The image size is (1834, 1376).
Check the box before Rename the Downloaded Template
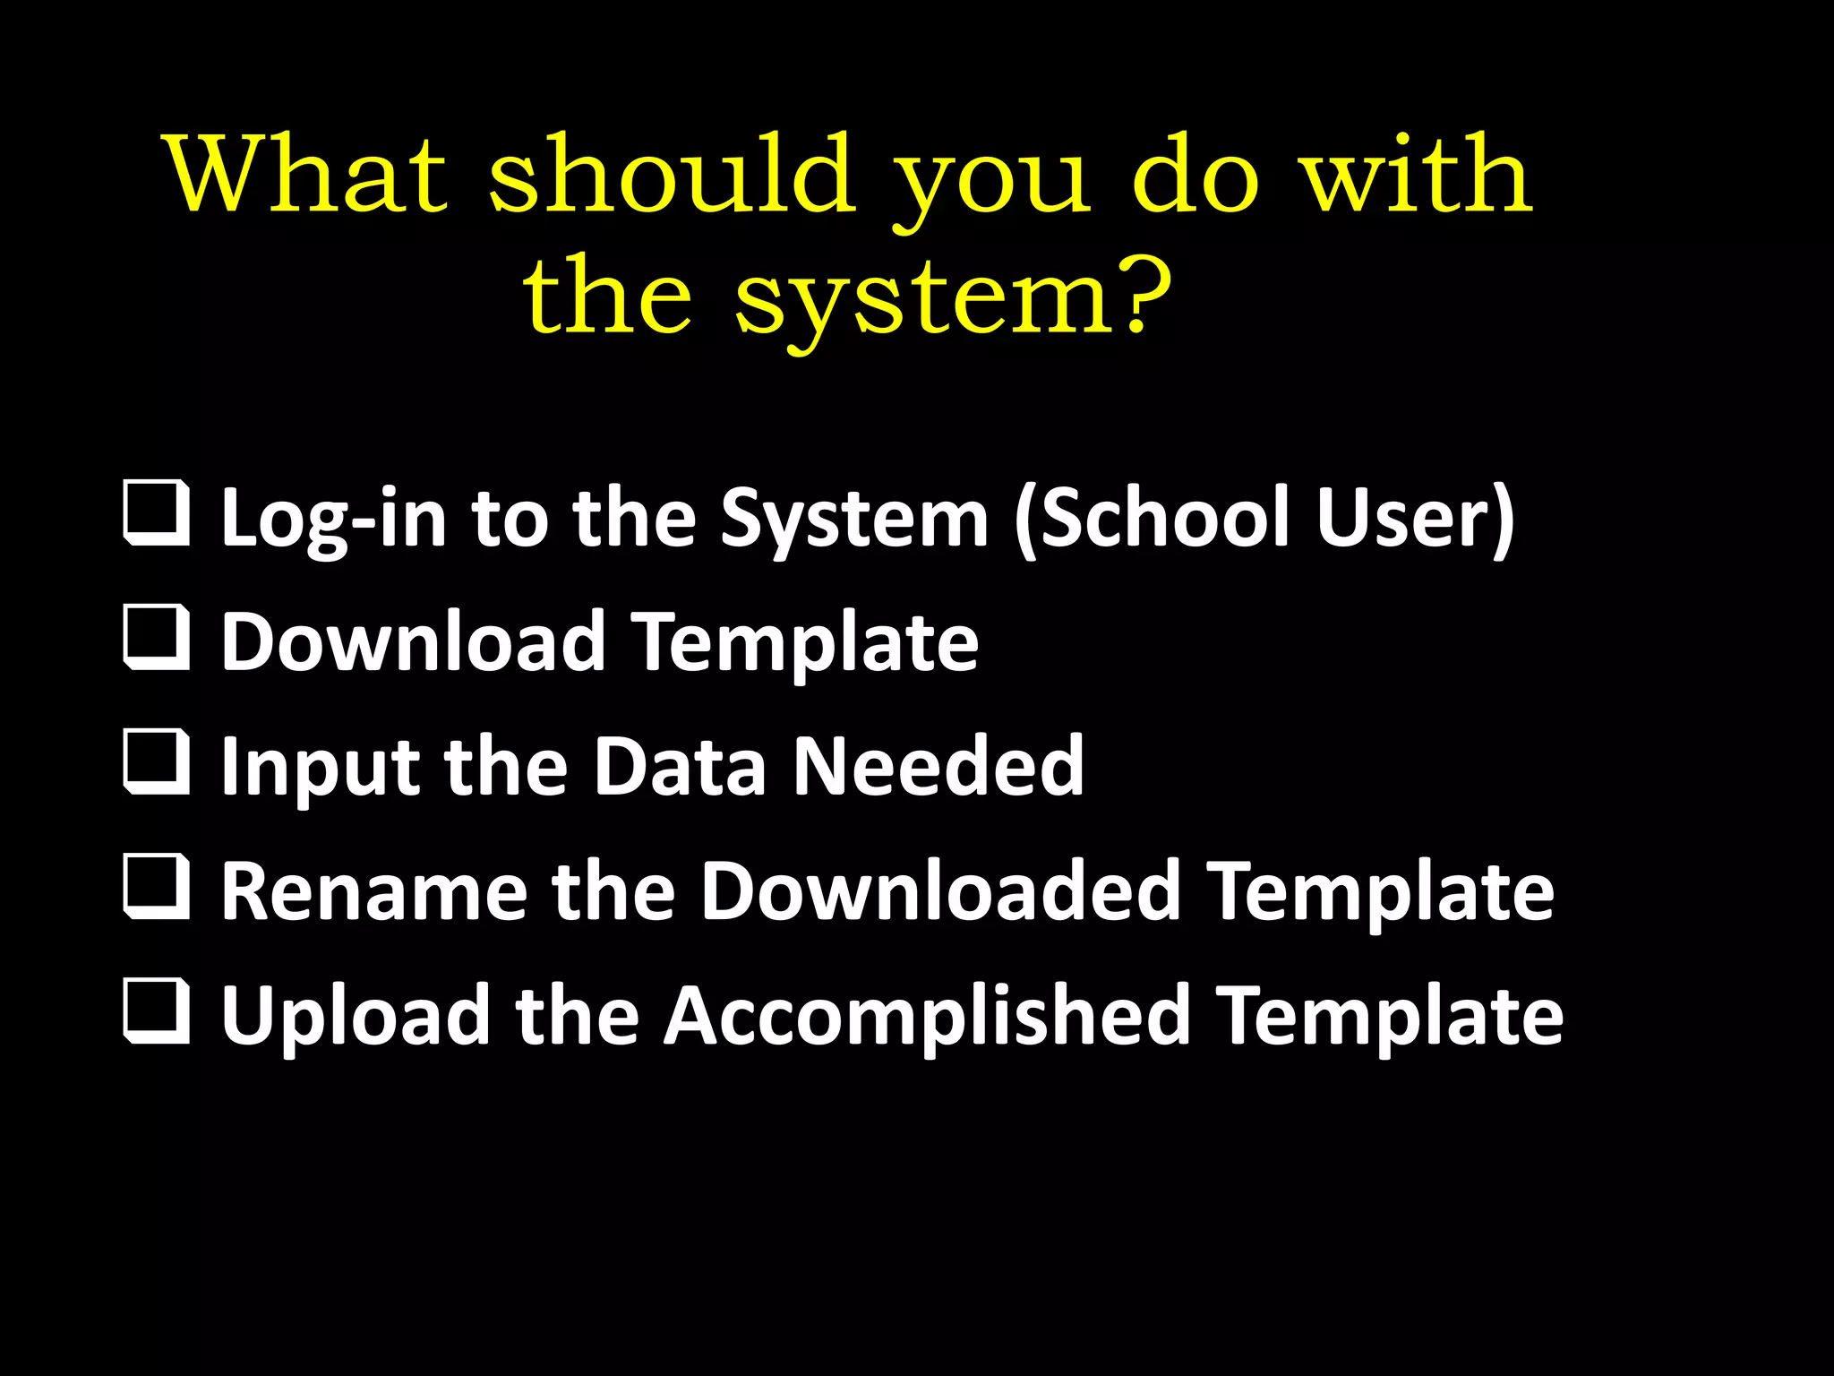point(157,886)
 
